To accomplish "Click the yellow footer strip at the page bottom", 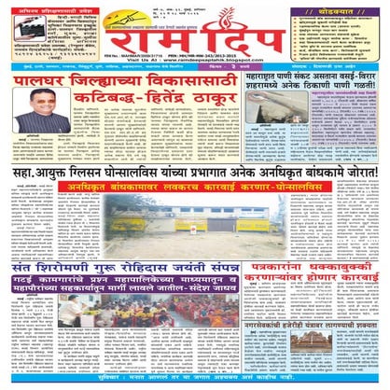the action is click(x=195, y=383).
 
